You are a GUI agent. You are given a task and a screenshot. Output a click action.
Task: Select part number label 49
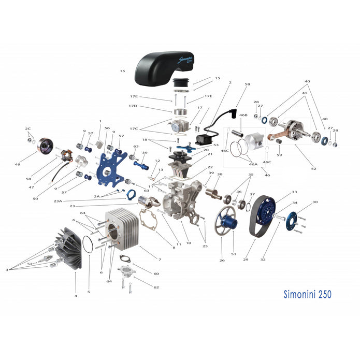[32, 164]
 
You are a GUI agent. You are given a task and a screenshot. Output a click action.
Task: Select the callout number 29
[246, 259]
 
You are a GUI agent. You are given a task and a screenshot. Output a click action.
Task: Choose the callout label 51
[234, 254]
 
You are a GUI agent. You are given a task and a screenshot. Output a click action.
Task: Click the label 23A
[72, 201]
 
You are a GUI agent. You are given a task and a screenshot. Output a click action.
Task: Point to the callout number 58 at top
[247, 84]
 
